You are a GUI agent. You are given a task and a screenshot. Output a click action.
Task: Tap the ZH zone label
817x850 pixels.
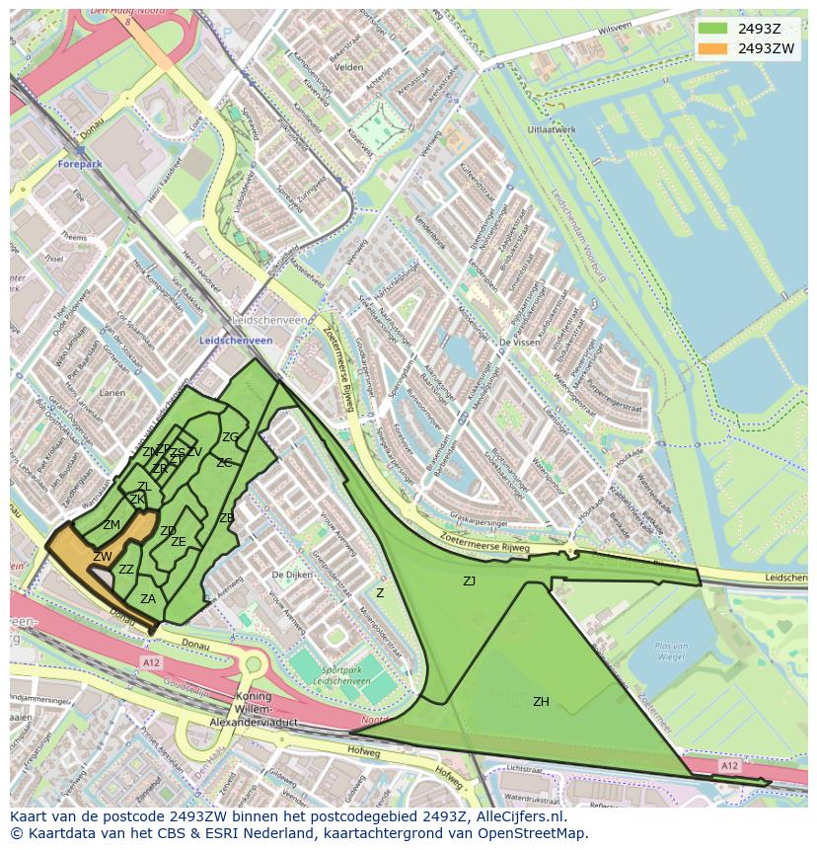click(541, 702)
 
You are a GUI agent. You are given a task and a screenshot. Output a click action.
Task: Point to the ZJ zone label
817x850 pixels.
click(469, 581)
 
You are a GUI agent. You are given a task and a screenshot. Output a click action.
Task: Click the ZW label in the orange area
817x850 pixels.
click(103, 557)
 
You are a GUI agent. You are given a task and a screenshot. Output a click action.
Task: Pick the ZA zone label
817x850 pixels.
click(148, 598)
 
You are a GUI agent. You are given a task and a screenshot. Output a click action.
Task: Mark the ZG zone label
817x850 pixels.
click(230, 436)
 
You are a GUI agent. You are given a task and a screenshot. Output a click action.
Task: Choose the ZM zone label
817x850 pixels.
click(111, 525)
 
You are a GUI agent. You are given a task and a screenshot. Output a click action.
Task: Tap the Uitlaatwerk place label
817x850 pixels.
click(552, 129)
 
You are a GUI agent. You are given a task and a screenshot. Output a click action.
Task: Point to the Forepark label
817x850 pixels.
click(81, 164)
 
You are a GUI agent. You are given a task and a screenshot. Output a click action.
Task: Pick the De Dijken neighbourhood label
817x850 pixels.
click(293, 574)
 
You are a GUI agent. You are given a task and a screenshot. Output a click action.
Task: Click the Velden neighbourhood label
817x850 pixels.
click(349, 67)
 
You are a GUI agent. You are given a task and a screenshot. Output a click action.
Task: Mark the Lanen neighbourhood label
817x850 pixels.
click(111, 393)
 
